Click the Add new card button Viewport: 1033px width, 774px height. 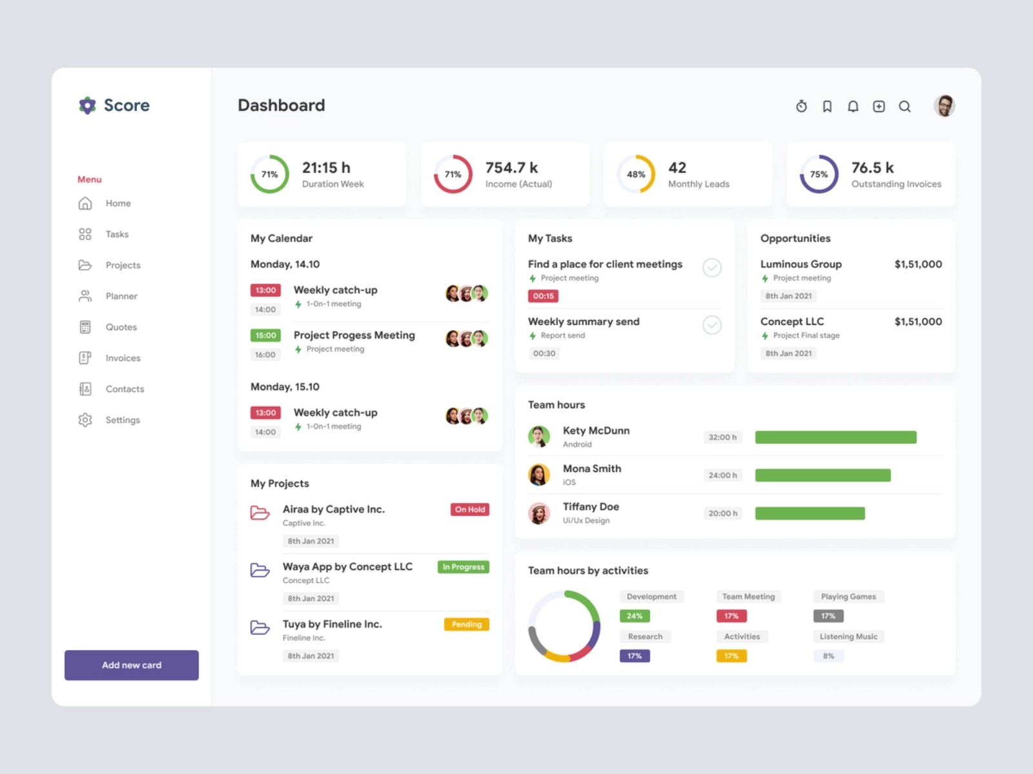tap(132, 665)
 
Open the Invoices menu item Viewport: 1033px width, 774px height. tap(123, 358)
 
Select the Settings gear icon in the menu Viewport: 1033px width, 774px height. tap(85, 420)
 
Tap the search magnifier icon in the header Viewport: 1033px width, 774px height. tap(905, 106)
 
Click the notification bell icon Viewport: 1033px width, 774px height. tap(853, 106)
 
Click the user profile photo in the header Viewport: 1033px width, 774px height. tap(944, 106)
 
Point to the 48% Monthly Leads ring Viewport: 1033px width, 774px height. tap(636, 174)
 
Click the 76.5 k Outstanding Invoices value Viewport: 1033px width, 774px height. tap(872, 168)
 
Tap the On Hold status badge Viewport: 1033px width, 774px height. tap(469, 510)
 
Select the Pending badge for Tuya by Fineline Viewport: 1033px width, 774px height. tap(466, 624)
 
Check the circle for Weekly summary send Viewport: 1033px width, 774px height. tap(711, 325)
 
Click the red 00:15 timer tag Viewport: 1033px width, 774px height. tap(543, 296)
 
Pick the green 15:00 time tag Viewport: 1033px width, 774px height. tap(265, 335)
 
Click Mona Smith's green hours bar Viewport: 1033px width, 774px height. tap(823, 475)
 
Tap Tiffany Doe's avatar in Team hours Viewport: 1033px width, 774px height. tap(539, 513)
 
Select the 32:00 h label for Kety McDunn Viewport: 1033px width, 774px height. tap(722, 437)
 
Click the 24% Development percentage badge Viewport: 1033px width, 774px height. tap(635, 616)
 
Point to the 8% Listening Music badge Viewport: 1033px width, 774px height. tap(828, 656)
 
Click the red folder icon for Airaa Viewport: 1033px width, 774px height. tap(260, 513)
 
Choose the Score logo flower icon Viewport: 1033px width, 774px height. tap(87, 105)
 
